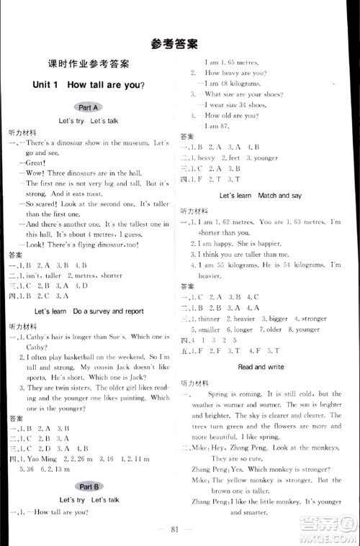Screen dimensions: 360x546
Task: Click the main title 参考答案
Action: coord(179,41)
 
